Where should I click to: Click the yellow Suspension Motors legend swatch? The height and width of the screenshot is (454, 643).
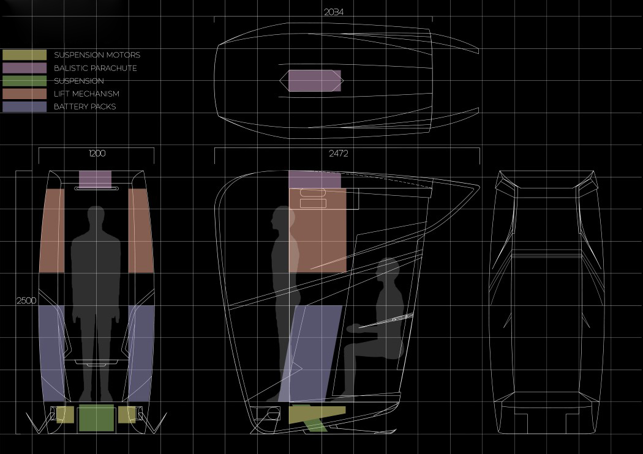pyautogui.click(x=24, y=55)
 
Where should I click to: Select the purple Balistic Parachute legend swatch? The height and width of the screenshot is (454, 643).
pyautogui.click(x=24, y=68)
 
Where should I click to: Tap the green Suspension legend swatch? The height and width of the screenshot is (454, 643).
pyautogui.click(x=24, y=81)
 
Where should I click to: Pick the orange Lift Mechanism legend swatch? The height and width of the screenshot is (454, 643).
pyautogui.click(x=24, y=94)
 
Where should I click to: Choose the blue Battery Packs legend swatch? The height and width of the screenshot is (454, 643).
pyautogui.click(x=24, y=106)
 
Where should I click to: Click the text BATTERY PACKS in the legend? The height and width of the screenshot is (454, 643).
pyautogui.click(x=85, y=106)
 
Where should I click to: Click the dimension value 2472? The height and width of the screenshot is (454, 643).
pyautogui.click(x=338, y=154)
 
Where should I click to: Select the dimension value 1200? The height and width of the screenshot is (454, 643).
pyautogui.click(x=97, y=154)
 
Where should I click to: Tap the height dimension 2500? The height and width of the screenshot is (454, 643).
pyautogui.click(x=26, y=300)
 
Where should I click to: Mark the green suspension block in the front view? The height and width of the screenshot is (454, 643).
pyautogui.click(x=97, y=418)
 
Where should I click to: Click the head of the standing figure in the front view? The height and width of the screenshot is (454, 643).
pyautogui.click(x=96, y=218)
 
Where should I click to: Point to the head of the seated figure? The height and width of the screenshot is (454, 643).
pyautogui.click(x=388, y=270)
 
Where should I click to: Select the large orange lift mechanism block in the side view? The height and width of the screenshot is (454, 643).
pyautogui.click(x=318, y=230)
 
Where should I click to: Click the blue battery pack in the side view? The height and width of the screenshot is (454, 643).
pyautogui.click(x=315, y=352)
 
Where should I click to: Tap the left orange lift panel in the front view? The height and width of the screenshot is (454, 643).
pyautogui.click(x=52, y=230)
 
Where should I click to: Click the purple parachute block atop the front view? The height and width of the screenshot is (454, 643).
pyautogui.click(x=96, y=179)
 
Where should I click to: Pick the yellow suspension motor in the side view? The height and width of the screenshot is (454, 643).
pyautogui.click(x=315, y=414)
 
